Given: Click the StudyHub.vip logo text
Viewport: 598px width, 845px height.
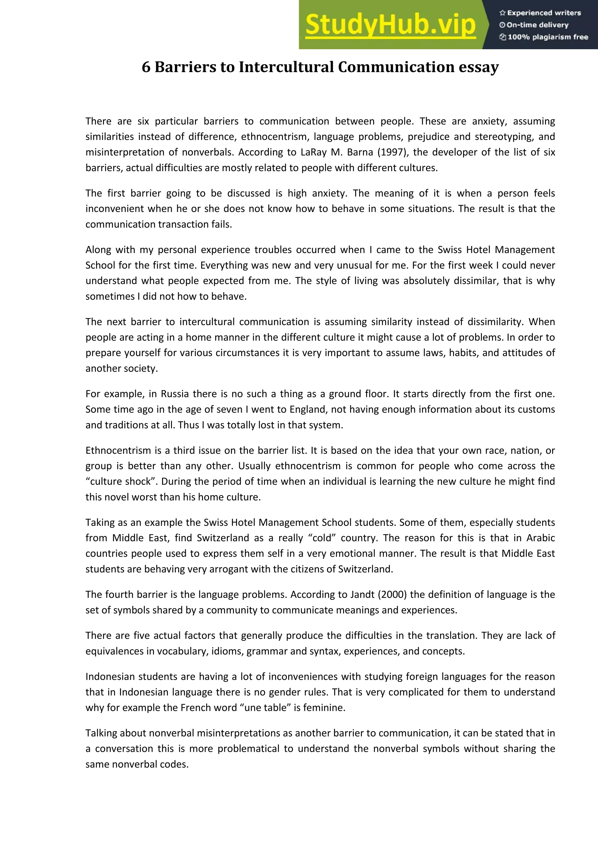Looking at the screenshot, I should (x=390, y=25).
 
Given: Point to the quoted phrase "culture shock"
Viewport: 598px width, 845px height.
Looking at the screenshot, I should (x=120, y=481).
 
